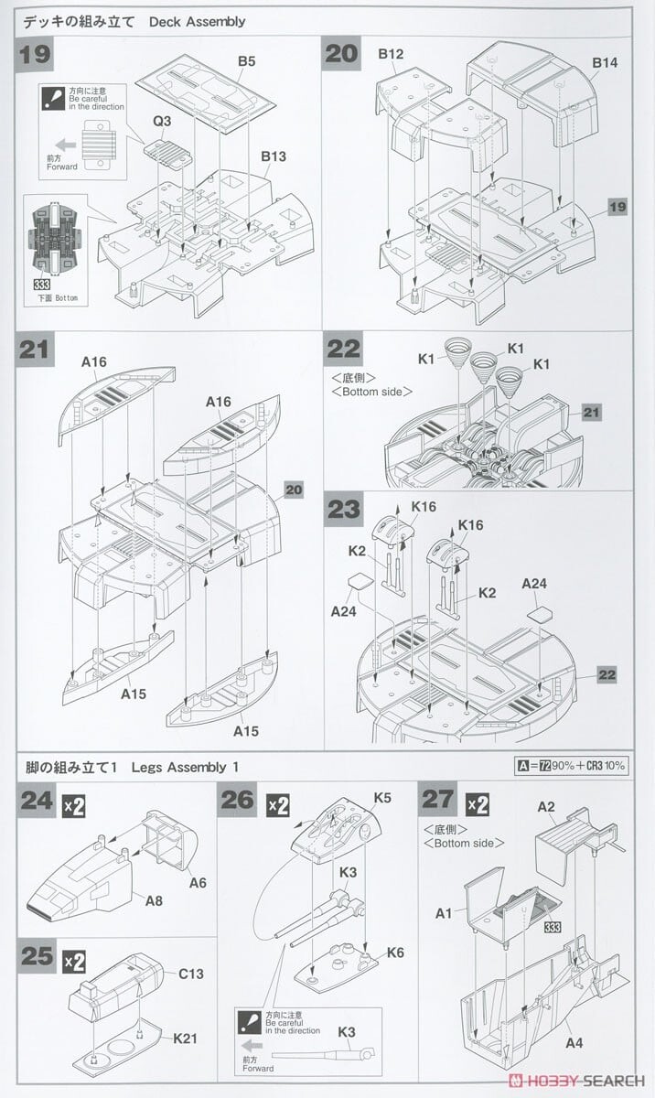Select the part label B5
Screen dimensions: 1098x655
pyautogui.click(x=247, y=61)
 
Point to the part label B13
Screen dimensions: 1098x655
pyautogui.click(x=274, y=156)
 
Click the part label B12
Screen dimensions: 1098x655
pyautogui.click(x=391, y=55)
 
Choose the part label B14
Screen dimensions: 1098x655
pyautogui.click(x=605, y=62)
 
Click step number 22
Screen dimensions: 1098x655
pyautogui.click(x=343, y=349)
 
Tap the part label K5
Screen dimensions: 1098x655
pyautogui.click(x=382, y=797)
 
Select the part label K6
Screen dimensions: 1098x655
pyautogui.click(x=394, y=953)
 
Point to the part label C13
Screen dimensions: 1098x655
pyautogui.click(x=191, y=974)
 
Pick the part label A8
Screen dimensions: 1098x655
pyautogui.click(x=155, y=900)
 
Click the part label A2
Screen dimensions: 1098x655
pyautogui.click(x=546, y=806)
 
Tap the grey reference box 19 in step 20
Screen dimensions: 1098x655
pyautogui.click(x=617, y=208)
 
